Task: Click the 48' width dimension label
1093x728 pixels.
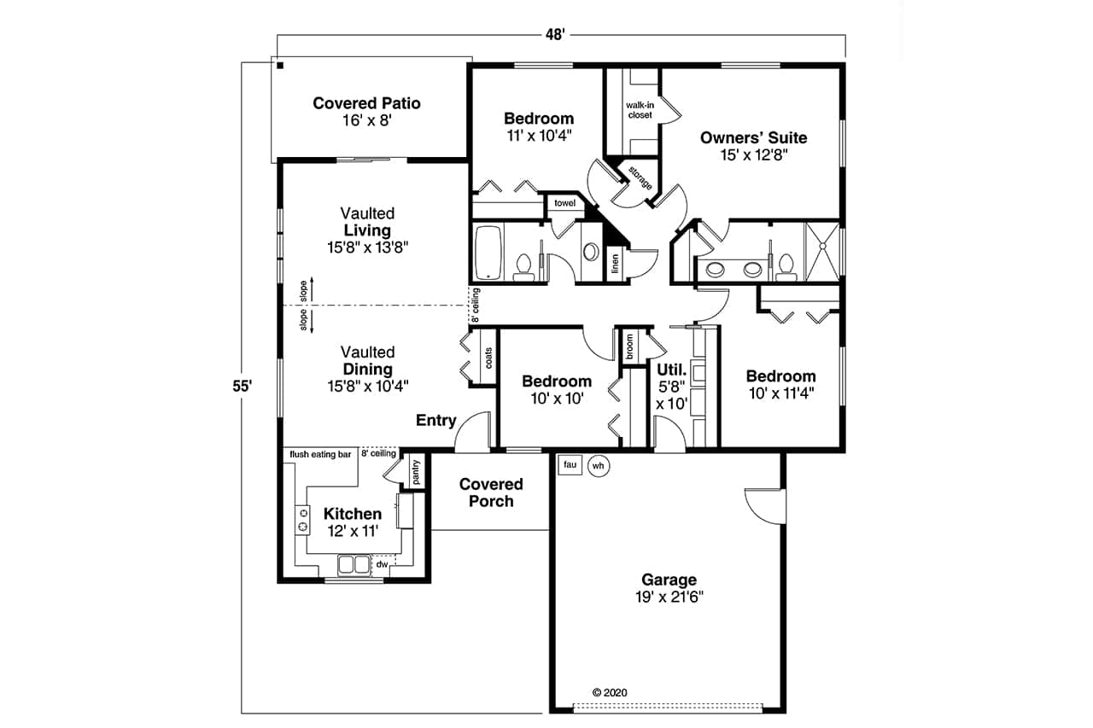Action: click(x=555, y=34)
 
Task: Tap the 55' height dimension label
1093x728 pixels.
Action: click(x=242, y=386)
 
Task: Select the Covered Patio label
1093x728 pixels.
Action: click(x=366, y=112)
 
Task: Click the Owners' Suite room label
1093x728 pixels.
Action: click(x=753, y=145)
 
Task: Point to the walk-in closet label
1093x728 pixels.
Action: click(x=640, y=109)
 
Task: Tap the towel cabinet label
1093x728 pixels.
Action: click(x=564, y=203)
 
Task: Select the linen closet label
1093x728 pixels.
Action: click(x=615, y=265)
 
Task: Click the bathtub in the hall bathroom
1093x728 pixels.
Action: click(x=489, y=252)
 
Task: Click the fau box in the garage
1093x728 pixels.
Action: click(x=570, y=465)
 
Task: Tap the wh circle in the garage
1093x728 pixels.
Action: click(x=599, y=466)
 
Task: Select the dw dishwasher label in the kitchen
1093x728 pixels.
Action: click(x=383, y=564)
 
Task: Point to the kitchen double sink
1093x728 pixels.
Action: click(x=353, y=564)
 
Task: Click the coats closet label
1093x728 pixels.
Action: click(x=488, y=358)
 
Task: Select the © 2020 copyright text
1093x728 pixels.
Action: click(x=609, y=693)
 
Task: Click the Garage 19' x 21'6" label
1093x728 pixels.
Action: click(x=670, y=589)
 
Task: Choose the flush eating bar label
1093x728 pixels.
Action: click(x=321, y=455)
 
